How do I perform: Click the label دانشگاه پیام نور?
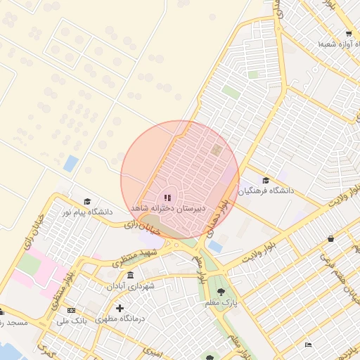(86, 211)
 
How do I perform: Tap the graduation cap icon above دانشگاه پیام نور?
(87, 201)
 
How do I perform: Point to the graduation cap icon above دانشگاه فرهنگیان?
(265, 180)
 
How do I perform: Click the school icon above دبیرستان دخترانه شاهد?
(167, 198)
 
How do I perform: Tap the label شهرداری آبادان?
(130, 286)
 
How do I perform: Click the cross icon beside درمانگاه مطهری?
(120, 308)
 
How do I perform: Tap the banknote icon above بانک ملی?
(70, 310)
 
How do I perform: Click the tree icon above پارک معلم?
(221, 291)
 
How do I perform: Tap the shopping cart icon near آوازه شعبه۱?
(349, 34)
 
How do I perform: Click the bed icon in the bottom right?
(308, 345)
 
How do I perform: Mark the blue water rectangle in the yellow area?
(70, 164)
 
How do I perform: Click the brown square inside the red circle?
(216, 150)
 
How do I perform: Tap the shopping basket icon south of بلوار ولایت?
(330, 239)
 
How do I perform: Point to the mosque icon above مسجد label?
(2, 311)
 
